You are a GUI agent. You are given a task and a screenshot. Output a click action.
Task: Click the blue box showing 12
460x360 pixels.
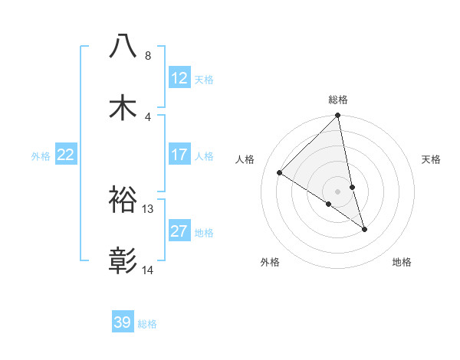[x=179, y=78]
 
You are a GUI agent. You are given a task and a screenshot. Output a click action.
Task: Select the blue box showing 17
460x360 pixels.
[x=179, y=155]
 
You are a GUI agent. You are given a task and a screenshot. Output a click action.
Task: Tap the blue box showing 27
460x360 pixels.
[x=179, y=231]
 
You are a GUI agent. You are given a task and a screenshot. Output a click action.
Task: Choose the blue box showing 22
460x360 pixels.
[x=66, y=155]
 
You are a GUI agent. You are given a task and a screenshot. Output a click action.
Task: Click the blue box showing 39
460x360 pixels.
[x=123, y=322]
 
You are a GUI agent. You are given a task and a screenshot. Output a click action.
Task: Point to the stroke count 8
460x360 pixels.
[x=148, y=56]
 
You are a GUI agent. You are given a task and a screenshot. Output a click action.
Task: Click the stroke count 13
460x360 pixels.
[x=148, y=209]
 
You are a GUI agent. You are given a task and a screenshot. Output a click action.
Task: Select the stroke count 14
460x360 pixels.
[x=148, y=270]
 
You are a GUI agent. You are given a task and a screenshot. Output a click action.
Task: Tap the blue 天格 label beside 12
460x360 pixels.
[x=204, y=80]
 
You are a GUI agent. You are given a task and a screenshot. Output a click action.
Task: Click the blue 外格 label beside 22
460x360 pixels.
[x=41, y=156]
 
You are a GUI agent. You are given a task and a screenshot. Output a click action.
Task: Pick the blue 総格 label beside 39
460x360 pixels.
[x=147, y=324]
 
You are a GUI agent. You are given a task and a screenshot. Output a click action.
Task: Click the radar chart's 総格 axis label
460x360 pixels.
[x=338, y=100]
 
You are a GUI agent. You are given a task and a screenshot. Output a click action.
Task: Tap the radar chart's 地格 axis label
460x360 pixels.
[x=402, y=262]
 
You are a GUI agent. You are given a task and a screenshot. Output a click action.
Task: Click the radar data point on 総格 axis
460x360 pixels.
[x=338, y=116]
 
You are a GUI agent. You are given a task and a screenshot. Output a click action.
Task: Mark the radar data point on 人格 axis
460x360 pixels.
[x=280, y=173]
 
